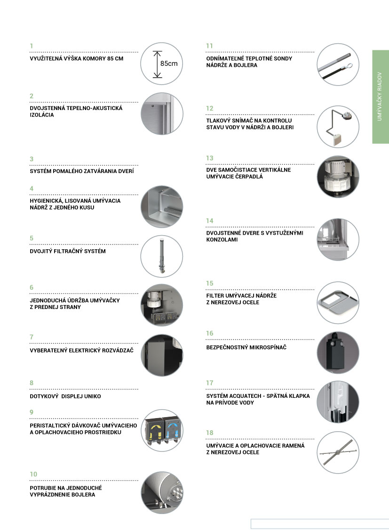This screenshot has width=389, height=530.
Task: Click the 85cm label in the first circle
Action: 169,63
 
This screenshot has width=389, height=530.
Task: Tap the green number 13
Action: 209,158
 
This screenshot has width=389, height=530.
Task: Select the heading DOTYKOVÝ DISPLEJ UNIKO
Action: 65,396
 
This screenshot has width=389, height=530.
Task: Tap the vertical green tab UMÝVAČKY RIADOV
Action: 380,97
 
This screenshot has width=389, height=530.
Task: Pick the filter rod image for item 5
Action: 162,256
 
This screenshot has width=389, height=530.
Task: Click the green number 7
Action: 32,337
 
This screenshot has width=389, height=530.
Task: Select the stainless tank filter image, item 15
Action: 338,302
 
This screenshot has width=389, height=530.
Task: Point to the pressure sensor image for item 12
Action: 338,127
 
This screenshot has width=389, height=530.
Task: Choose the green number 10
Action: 33,474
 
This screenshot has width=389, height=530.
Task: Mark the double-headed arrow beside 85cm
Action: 157,64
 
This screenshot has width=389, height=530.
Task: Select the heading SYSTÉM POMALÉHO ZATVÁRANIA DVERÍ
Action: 82,171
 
